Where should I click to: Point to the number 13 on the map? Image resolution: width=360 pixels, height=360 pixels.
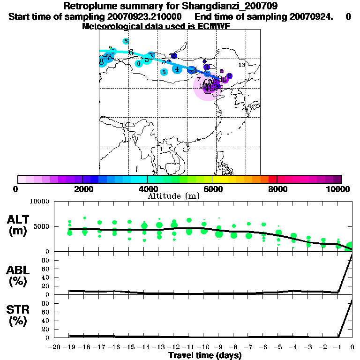pyautogui.click(x=242, y=65)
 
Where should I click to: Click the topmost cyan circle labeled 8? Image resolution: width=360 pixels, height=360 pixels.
pyautogui.click(x=126, y=41)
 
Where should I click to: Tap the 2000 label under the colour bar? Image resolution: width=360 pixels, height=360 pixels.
pyautogui.click(x=82, y=189)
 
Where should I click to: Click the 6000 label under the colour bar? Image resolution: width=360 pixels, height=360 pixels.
pyautogui.click(x=212, y=189)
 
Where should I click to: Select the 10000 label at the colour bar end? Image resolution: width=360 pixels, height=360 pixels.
pyautogui.click(x=339, y=189)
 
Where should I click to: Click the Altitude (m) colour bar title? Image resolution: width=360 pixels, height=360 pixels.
pyautogui.click(x=173, y=196)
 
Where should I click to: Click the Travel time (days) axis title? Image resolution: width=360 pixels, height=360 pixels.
pyautogui.click(x=205, y=355)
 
